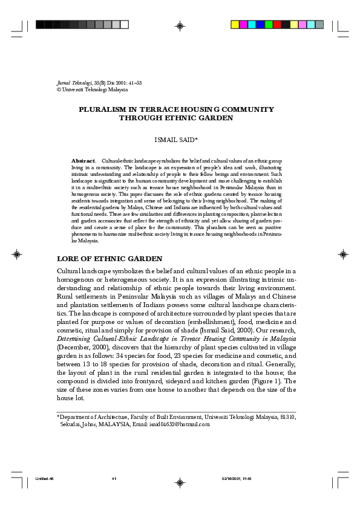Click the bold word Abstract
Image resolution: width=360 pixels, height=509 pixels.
[83, 160]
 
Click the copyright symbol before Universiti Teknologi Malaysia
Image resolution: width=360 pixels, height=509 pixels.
[58, 89]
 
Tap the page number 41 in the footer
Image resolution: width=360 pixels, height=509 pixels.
[113, 479]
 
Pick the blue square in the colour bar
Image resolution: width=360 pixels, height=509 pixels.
[260, 25]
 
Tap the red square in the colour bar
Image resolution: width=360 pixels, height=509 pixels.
[277, 25]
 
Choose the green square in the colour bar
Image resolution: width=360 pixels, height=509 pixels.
[269, 25]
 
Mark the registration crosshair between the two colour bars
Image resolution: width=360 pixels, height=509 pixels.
[180, 26]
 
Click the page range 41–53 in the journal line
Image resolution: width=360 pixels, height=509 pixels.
[133, 82]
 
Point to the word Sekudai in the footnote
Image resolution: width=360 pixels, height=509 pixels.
[71, 424]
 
